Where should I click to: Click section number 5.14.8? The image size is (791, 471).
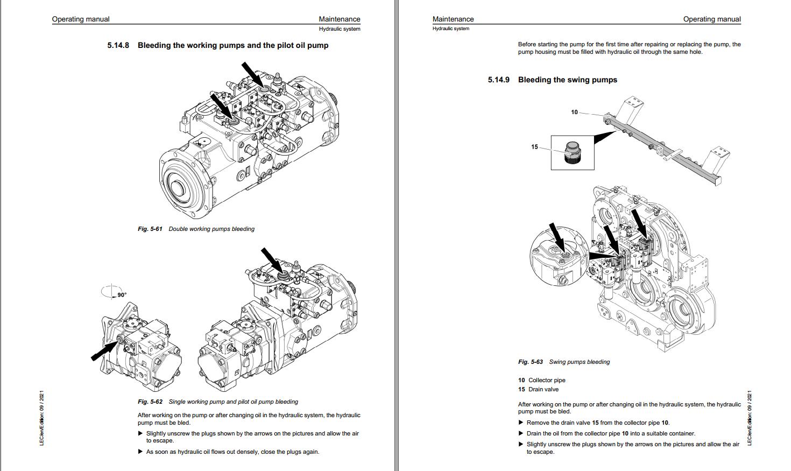pyautogui.click(x=118, y=45)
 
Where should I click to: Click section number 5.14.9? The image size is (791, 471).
pyautogui.click(x=498, y=80)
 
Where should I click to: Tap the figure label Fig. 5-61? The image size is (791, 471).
pyautogui.click(x=150, y=229)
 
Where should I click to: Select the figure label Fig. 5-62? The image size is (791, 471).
pyautogui.click(x=150, y=402)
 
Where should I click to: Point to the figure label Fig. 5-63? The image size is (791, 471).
pyautogui.click(x=530, y=362)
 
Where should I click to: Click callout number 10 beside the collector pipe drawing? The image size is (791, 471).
pyautogui.click(x=574, y=112)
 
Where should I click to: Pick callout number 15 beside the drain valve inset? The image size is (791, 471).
pyautogui.click(x=534, y=146)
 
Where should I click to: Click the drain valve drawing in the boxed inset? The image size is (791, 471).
pyautogui.click(x=572, y=152)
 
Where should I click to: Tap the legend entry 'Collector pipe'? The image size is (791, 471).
pyautogui.click(x=547, y=380)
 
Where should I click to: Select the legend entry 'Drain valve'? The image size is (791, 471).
pyautogui.click(x=543, y=389)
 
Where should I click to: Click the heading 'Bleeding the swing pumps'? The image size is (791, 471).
pyautogui.click(x=567, y=80)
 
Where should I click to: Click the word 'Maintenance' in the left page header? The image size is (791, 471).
pyautogui.click(x=339, y=19)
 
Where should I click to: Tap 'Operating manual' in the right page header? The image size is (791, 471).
pyautogui.click(x=711, y=19)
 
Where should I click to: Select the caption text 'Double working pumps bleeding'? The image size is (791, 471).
pyautogui.click(x=211, y=229)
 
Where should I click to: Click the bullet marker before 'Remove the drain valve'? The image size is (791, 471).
pyautogui.click(x=520, y=423)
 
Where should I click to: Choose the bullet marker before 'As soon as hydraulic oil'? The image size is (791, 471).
pyautogui.click(x=140, y=452)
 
